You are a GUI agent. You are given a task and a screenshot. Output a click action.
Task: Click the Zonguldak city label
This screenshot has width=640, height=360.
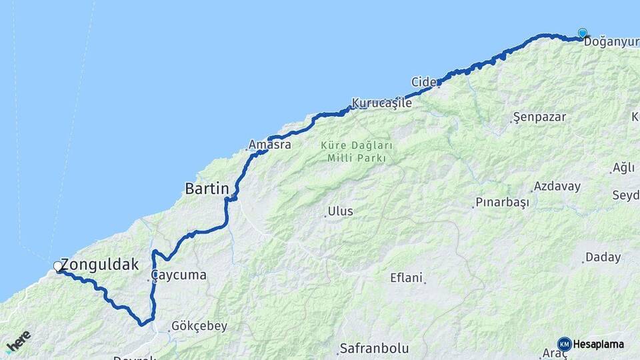(100, 265)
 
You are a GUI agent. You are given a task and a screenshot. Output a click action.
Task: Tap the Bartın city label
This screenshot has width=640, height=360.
(207, 189)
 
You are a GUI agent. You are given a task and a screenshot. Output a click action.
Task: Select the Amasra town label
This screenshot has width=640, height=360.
(269, 144)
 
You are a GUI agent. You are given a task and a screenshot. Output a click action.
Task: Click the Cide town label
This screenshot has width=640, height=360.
(423, 82)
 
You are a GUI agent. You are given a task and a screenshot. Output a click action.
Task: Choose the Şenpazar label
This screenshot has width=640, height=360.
(539, 117)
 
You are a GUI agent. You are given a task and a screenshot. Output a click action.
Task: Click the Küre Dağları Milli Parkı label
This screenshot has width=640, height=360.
(357, 151)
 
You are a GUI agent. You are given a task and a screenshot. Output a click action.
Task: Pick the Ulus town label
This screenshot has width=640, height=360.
(340, 211)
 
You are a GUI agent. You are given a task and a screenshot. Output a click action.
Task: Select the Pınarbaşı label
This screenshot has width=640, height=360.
(502, 202)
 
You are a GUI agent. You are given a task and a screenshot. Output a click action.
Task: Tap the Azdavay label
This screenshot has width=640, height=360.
(557, 187)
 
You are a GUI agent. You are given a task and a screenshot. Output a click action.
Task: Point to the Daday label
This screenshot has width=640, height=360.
(603, 257)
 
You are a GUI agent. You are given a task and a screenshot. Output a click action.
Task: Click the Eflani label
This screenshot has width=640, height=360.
(407, 278)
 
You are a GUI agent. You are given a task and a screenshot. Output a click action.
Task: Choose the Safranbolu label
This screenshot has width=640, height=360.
(374, 348)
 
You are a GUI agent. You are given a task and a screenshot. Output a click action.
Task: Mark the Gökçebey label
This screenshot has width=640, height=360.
(199, 326)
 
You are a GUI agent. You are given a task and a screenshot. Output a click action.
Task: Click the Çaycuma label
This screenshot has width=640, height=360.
(178, 275)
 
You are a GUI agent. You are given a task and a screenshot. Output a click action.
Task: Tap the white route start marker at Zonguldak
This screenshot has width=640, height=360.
(58, 267)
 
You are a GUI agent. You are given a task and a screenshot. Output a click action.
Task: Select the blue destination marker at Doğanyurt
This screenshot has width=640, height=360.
(583, 33)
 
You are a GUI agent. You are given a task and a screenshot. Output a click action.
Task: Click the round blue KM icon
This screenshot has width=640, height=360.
(565, 344)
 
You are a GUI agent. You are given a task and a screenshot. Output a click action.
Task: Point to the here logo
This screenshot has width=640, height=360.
(18, 342)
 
